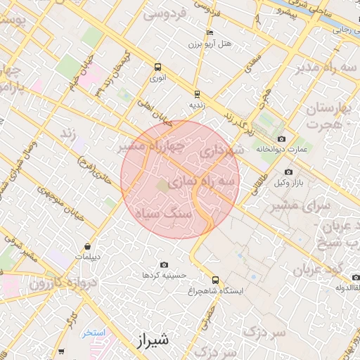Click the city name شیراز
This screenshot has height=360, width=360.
150,341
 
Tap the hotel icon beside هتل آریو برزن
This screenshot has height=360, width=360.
210,33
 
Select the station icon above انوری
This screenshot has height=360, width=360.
157,68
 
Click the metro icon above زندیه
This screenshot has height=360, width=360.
196,94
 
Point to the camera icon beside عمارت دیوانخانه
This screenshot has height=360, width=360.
282,139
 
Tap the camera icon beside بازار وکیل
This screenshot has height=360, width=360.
288,172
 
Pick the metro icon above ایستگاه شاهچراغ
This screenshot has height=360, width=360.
216,280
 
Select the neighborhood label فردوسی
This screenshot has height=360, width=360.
165,13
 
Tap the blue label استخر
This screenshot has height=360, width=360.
93,333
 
